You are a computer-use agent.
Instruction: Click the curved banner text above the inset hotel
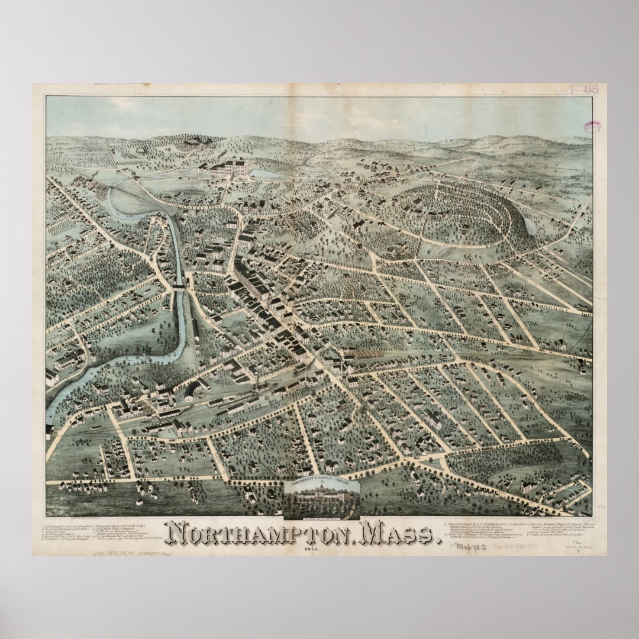pyautogui.click(x=322, y=483)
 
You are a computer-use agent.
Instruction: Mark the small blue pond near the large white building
pyautogui.click(x=260, y=174)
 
